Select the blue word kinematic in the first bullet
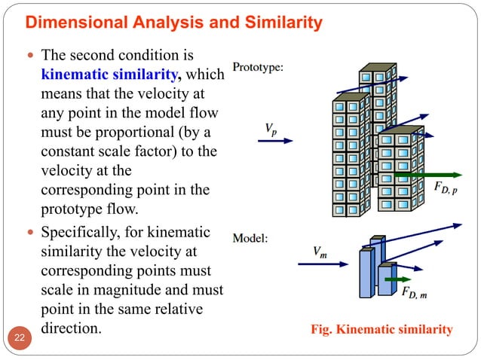[x=75, y=75]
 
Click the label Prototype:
[x=258, y=67]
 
